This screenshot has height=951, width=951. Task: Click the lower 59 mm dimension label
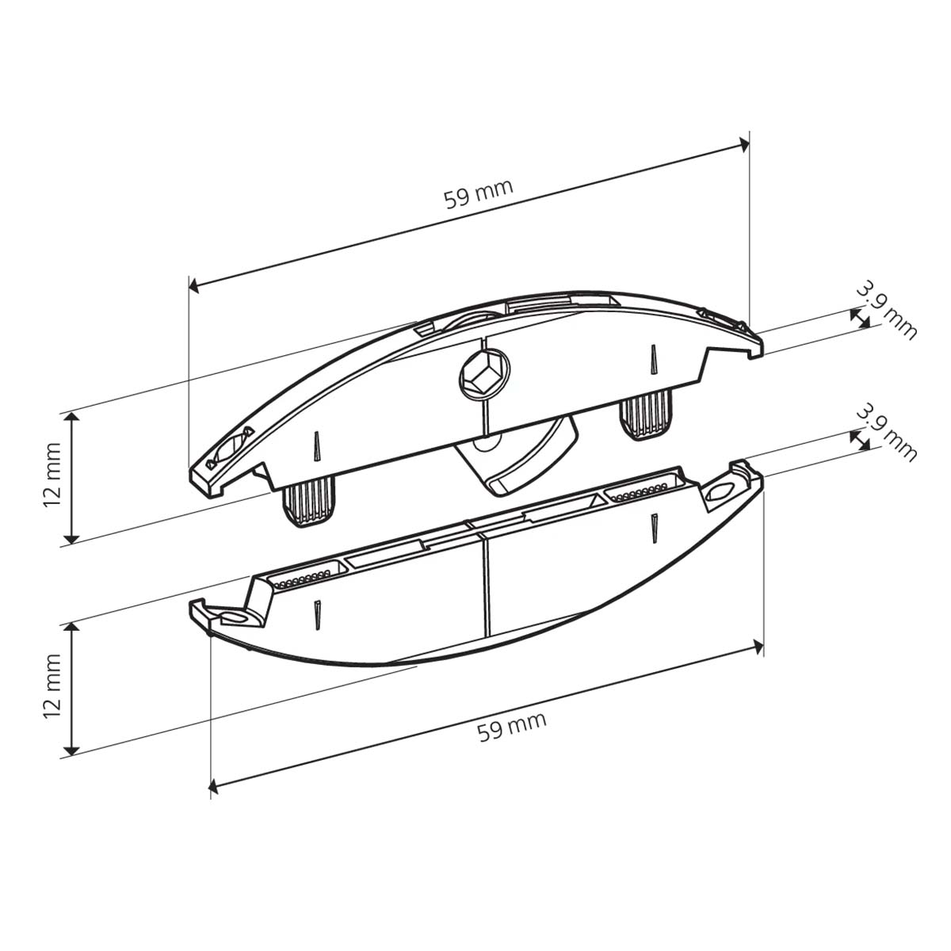[512, 727]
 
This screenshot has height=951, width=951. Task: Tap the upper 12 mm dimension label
[52, 475]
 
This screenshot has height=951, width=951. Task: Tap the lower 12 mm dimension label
[52, 686]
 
